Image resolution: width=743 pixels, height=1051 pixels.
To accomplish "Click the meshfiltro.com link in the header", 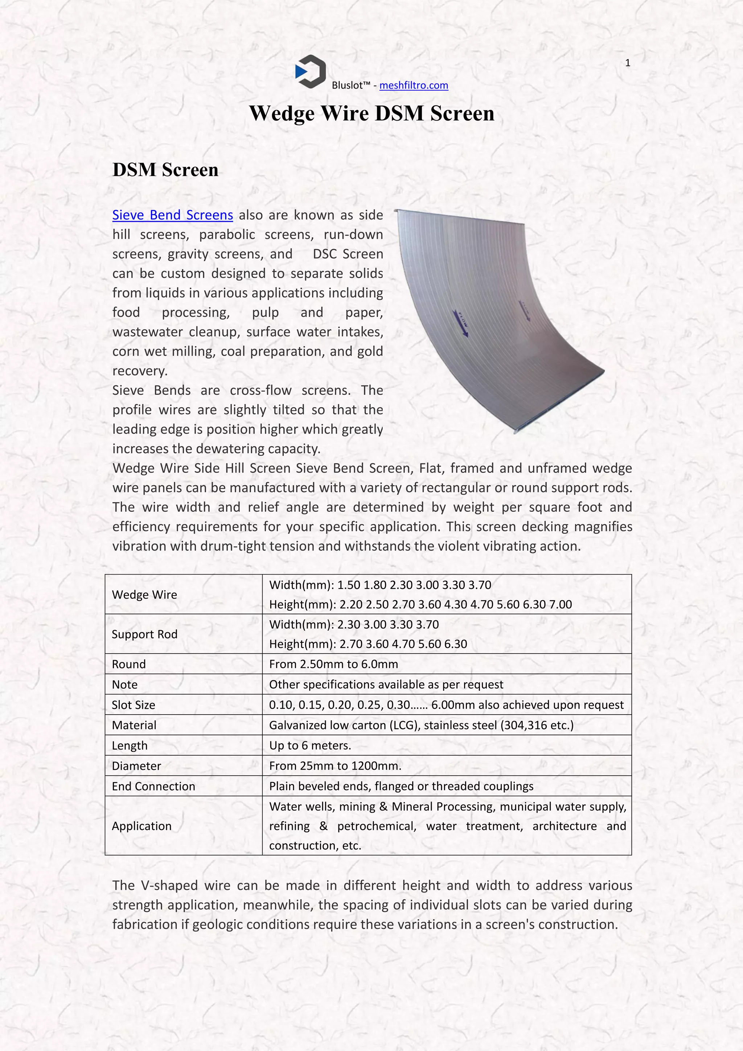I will [x=414, y=85].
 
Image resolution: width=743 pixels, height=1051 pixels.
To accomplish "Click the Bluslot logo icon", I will [x=311, y=71].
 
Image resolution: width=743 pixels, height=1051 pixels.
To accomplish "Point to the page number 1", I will [x=628, y=63].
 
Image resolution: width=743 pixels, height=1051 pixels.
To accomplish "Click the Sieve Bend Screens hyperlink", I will [x=172, y=215].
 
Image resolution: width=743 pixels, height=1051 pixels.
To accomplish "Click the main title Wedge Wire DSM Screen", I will [x=371, y=114].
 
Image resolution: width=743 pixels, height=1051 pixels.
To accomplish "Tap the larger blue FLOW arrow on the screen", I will [x=461, y=323].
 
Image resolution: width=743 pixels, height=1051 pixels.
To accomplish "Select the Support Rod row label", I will [x=145, y=634].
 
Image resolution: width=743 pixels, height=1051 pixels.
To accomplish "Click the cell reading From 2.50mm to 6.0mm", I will [x=333, y=664].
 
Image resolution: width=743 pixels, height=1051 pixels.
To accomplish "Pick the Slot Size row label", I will [x=134, y=704].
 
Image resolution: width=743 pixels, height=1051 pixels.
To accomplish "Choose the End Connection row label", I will [x=153, y=786].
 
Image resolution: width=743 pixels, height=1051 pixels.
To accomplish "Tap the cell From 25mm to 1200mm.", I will [x=335, y=765].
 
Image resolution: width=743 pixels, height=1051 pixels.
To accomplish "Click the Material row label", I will [x=134, y=725].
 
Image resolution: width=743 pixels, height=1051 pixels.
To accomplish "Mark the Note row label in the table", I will [x=124, y=684].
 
